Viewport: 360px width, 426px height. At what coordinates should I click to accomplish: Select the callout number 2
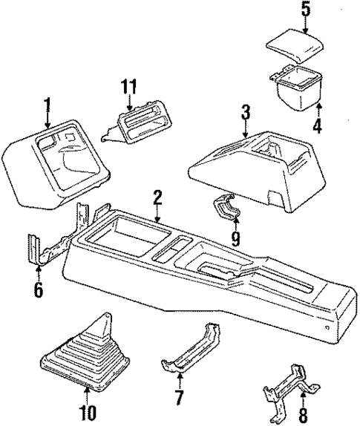[157, 197]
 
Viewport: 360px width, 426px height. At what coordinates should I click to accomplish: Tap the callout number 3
[246, 112]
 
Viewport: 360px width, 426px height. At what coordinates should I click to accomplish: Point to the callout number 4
[317, 126]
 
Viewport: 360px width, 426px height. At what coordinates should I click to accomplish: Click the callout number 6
[38, 287]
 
